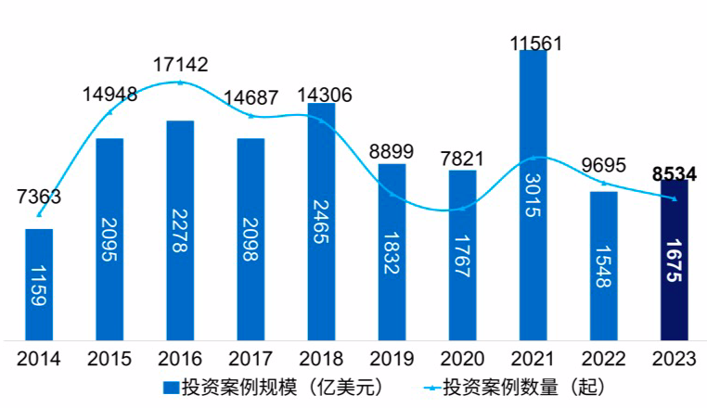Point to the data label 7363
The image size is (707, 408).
39,197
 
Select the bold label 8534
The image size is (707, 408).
675,173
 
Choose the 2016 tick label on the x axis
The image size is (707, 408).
180,357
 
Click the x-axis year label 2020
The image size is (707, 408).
462,357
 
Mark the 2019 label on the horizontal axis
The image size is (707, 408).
392,357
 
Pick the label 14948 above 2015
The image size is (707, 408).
109,94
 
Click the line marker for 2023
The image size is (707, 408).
675,198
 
